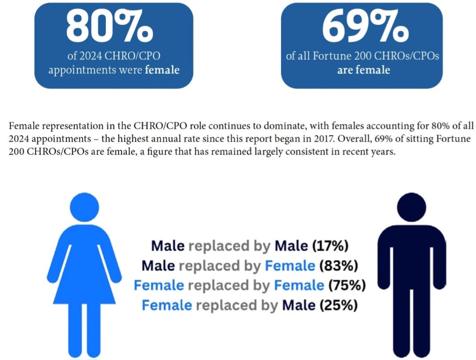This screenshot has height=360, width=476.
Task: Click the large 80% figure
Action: pos(109,26)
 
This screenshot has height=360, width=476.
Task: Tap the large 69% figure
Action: pos(365,26)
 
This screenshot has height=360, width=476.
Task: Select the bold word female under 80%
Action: pos(162,70)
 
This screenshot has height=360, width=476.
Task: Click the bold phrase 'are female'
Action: pos(363,70)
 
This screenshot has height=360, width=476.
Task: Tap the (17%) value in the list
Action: pos(330,246)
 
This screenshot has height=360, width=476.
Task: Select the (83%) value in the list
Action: pos(339,266)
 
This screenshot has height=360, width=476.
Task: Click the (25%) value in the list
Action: pos(339,305)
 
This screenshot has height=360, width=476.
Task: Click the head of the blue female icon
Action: pos(85,207)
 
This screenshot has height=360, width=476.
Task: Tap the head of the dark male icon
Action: pos(411,207)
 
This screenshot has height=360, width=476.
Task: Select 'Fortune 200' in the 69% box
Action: pos(342,56)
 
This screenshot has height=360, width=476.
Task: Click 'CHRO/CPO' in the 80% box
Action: pos(133,56)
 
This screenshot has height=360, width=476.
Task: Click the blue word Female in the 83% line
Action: pos(290,266)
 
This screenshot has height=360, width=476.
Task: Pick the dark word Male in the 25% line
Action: pos(299,305)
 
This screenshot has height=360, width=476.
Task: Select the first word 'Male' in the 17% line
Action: pos(168,246)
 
